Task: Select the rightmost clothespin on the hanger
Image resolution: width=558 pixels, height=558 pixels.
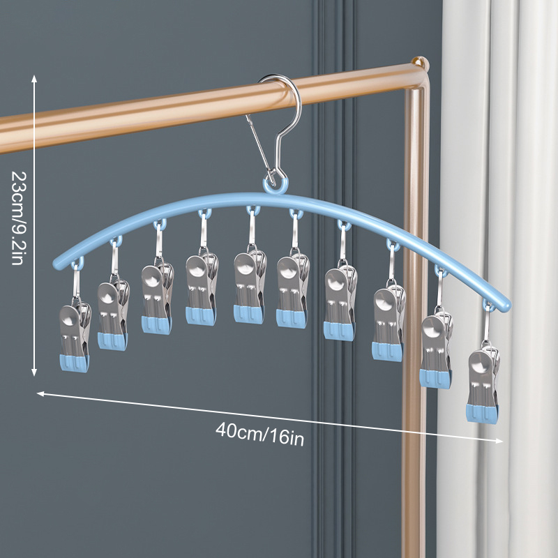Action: pos(483,384)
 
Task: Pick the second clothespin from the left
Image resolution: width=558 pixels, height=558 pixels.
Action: pos(113,315)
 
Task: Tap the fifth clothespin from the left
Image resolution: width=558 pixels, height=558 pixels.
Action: pos(250,287)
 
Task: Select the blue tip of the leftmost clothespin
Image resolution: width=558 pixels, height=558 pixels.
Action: pos(75,363)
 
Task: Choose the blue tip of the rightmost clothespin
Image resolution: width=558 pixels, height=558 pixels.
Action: pos(481,413)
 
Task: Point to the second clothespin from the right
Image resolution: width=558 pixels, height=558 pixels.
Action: pos(436,349)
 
